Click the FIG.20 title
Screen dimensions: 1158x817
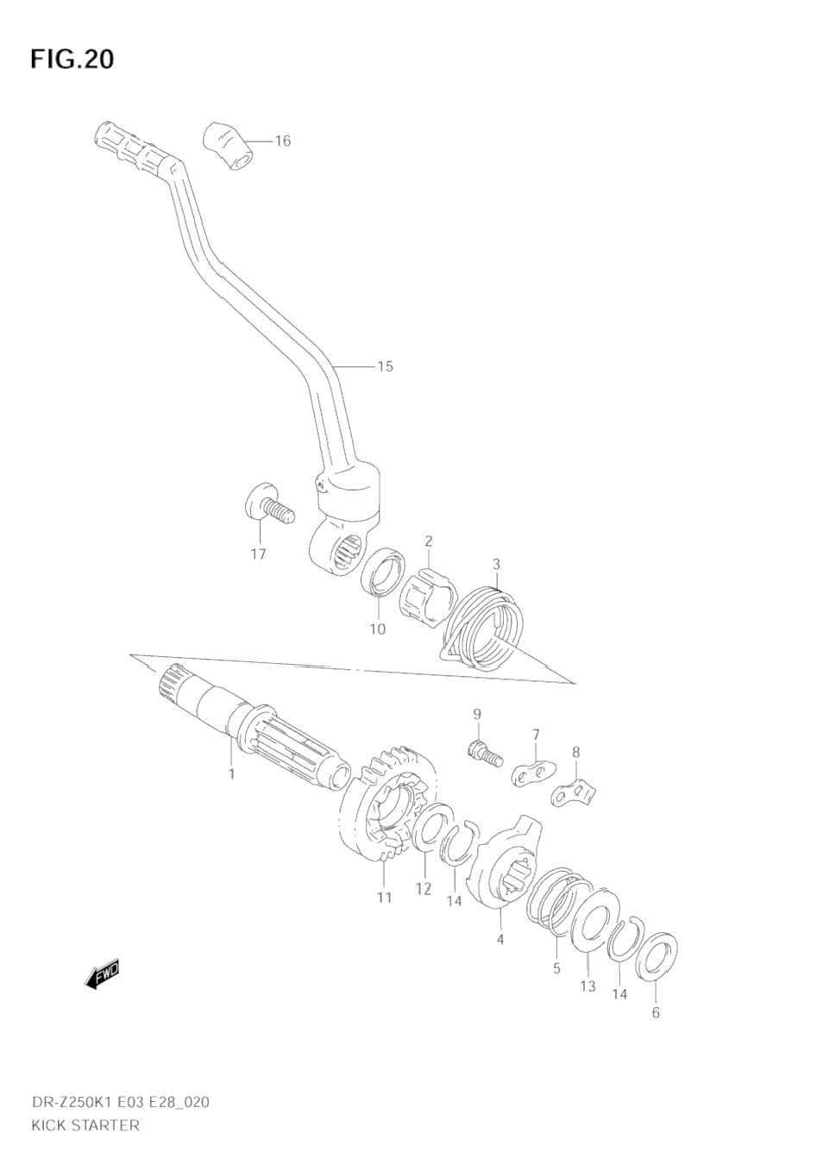72,59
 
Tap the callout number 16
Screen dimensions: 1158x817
282,141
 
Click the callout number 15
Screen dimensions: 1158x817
385,366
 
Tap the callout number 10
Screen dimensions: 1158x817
377,629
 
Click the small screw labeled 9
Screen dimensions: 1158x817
484,754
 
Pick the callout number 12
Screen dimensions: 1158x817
423,889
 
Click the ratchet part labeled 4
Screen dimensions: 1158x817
506,871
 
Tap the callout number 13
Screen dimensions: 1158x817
588,986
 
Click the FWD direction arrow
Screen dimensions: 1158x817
102,973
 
